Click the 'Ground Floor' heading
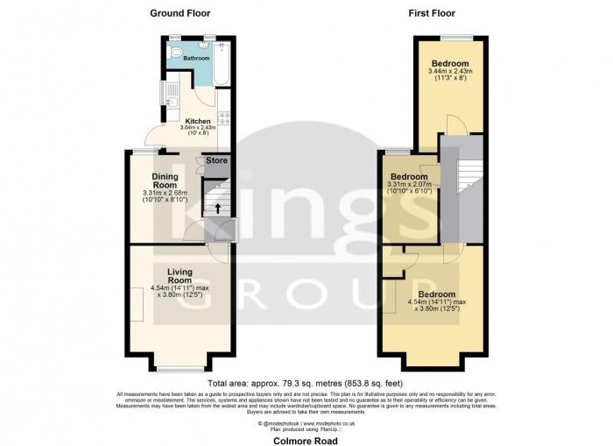[180, 13]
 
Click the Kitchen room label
[198, 121]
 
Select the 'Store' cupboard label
[216, 160]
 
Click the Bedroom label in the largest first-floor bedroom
[435, 294]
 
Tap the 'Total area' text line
[306, 384]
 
